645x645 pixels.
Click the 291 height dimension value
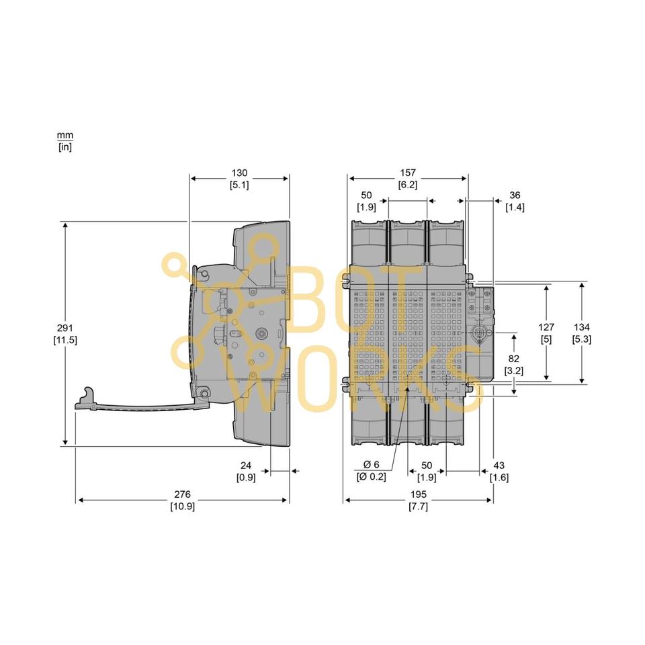click(65, 328)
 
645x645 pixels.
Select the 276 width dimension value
click(182, 494)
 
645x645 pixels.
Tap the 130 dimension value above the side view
click(239, 173)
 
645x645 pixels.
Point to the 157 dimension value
click(407, 173)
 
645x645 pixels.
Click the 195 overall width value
click(419, 494)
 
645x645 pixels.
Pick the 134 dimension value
click(582, 327)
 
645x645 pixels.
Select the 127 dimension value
click(546, 327)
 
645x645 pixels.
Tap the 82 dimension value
click(514, 359)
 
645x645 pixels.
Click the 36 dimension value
click(515, 195)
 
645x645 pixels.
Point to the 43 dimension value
click(499, 465)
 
